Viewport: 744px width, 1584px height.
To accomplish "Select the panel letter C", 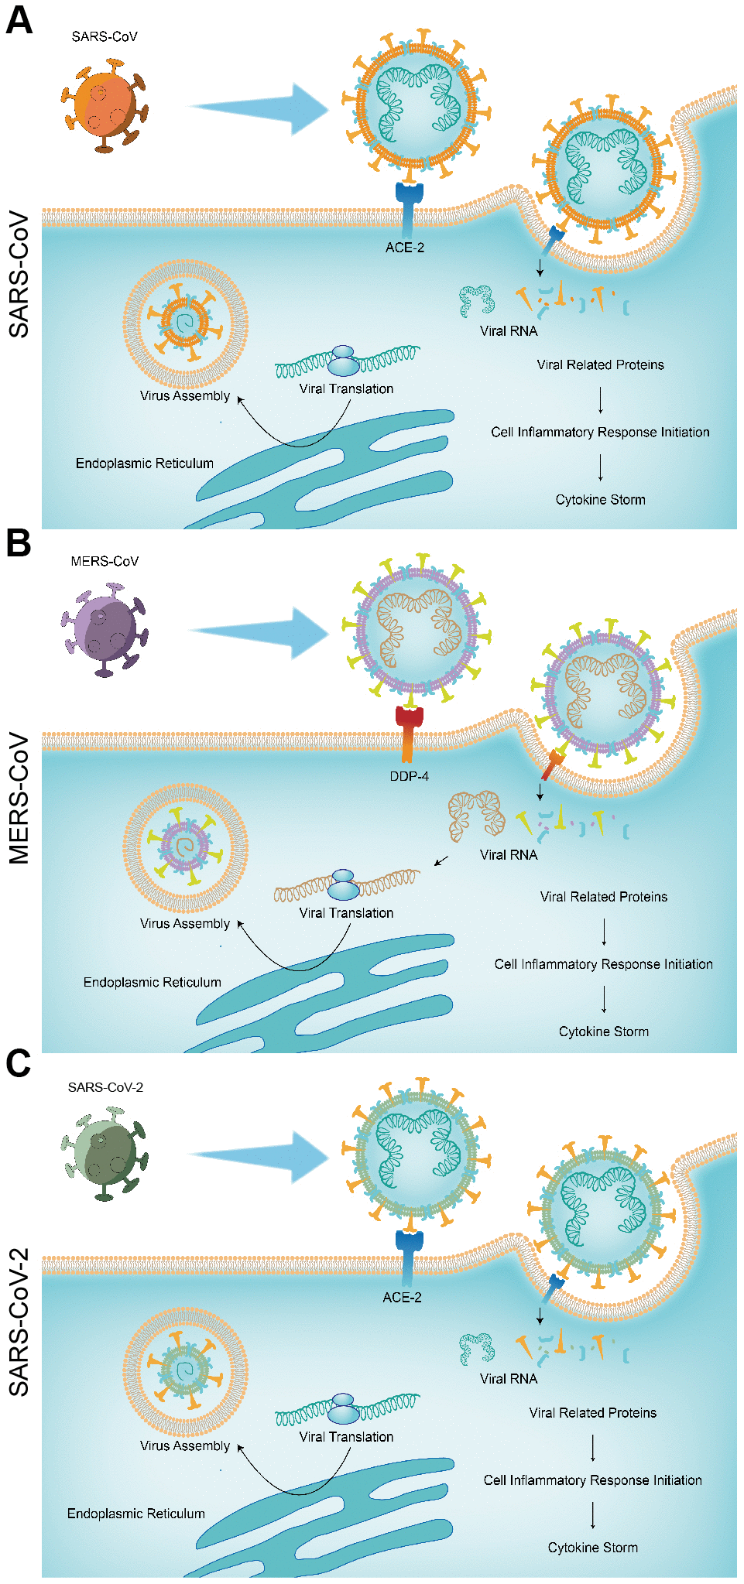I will click(x=19, y=1064).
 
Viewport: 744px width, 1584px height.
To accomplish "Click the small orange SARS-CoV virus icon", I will click(x=104, y=104).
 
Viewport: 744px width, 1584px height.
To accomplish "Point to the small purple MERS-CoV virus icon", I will click(x=104, y=629).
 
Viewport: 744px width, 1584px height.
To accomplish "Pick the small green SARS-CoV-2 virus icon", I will click(x=104, y=1154).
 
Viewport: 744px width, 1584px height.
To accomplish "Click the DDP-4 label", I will click(x=409, y=776).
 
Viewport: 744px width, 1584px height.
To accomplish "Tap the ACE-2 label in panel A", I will click(x=405, y=248).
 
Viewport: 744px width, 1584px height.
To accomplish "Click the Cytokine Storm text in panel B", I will click(x=604, y=1031).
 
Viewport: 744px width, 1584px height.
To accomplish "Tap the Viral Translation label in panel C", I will click(x=346, y=1437).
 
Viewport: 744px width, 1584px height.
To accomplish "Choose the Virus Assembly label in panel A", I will click(x=185, y=396).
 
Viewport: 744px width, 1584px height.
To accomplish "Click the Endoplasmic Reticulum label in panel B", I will click(x=153, y=982).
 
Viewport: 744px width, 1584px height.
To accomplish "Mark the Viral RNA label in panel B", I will click(x=509, y=855).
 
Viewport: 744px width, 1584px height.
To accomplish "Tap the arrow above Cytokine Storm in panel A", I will click(x=601, y=467).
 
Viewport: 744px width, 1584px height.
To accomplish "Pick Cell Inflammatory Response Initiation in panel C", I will click(x=593, y=1480).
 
